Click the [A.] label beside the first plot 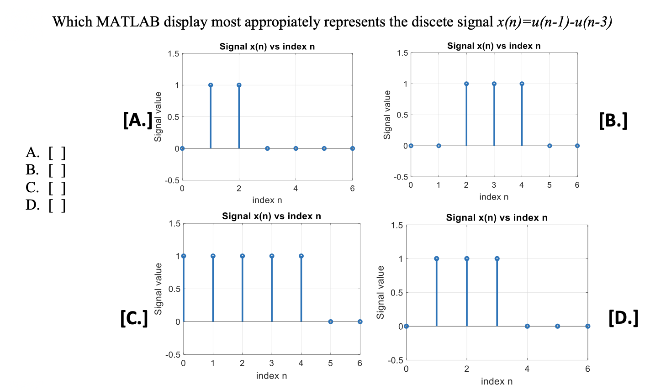click(137, 120)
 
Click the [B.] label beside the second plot click(613, 120)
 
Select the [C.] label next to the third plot click(134, 318)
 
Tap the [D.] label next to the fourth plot click(623, 317)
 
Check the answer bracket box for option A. click(57, 153)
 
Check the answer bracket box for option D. click(57, 206)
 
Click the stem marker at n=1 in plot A click(211, 85)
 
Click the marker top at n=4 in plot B click(522, 84)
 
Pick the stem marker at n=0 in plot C click(184, 256)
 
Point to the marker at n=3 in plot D click(497, 258)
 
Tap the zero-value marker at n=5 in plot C click(331, 321)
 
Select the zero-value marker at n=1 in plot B click(439, 146)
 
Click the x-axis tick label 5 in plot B click(549, 185)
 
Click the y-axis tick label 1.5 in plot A click(174, 54)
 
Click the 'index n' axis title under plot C click(271, 375)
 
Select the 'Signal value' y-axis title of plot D click(381, 292)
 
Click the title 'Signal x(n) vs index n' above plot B click(493, 46)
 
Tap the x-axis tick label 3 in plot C click(271, 363)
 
